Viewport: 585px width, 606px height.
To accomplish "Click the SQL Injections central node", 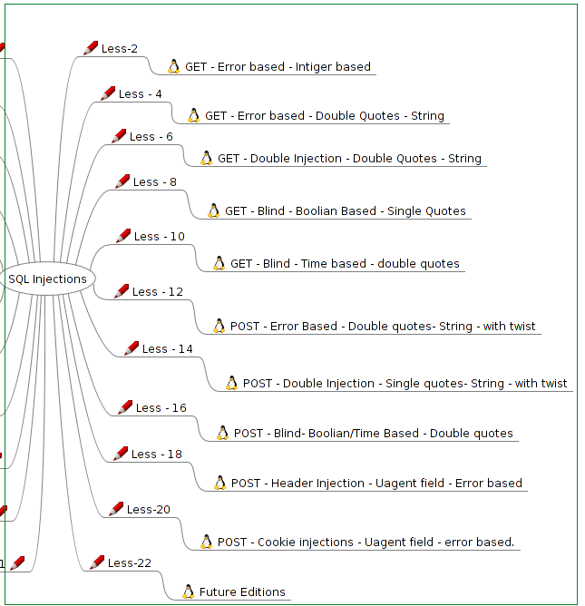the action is [x=47, y=279].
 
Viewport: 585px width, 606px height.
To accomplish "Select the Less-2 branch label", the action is [x=119, y=48].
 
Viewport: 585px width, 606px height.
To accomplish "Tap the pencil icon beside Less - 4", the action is [x=108, y=93].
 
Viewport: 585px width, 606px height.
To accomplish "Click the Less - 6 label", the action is [x=151, y=136].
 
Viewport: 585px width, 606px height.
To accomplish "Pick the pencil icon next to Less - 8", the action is [x=122, y=181].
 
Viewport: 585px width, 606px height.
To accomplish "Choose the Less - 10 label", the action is [x=159, y=236].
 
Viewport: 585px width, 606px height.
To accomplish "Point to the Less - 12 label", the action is [x=157, y=291].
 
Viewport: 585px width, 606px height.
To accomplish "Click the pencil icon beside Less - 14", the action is [x=132, y=348].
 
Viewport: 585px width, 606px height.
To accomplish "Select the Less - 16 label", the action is [x=161, y=407].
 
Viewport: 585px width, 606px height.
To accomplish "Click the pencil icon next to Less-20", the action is [x=116, y=509].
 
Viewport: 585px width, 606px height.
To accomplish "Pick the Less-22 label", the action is [x=129, y=562].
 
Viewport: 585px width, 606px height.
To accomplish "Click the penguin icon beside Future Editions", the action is [x=188, y=592].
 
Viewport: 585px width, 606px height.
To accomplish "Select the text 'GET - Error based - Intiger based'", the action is [x=278, y=66].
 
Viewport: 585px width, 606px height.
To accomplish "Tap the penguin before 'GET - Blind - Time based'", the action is [x=219, y=263].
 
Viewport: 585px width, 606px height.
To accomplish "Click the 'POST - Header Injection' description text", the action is [x=376, y=483].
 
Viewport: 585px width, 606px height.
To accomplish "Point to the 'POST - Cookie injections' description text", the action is [x=366, y=542].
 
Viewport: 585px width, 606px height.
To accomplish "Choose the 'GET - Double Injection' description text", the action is [x=349, y=158].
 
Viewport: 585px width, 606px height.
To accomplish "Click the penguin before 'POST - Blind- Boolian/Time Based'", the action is [x=222, y=433].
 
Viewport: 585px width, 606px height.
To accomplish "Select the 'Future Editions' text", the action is [x=242, y=592].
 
